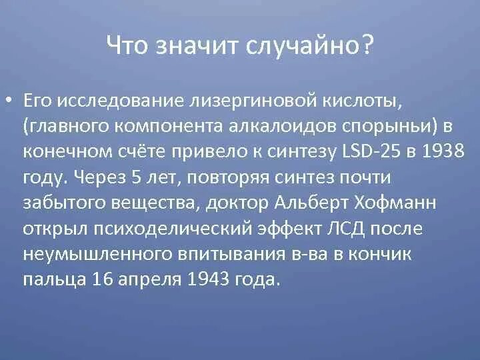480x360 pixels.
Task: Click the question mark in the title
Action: click(x=367, y=47)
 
